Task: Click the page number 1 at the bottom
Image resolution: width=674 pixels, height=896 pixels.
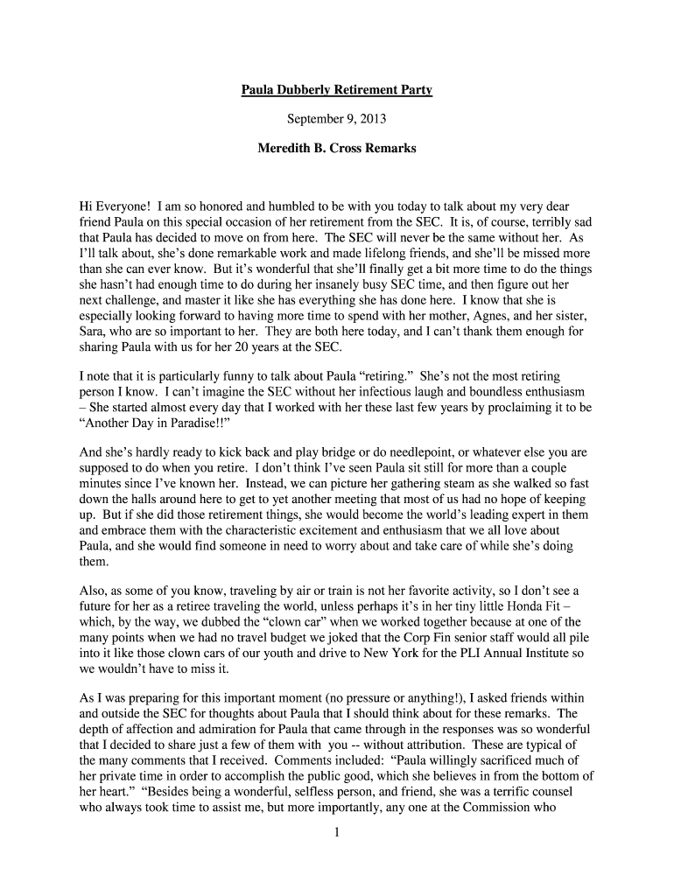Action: point(337,831)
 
